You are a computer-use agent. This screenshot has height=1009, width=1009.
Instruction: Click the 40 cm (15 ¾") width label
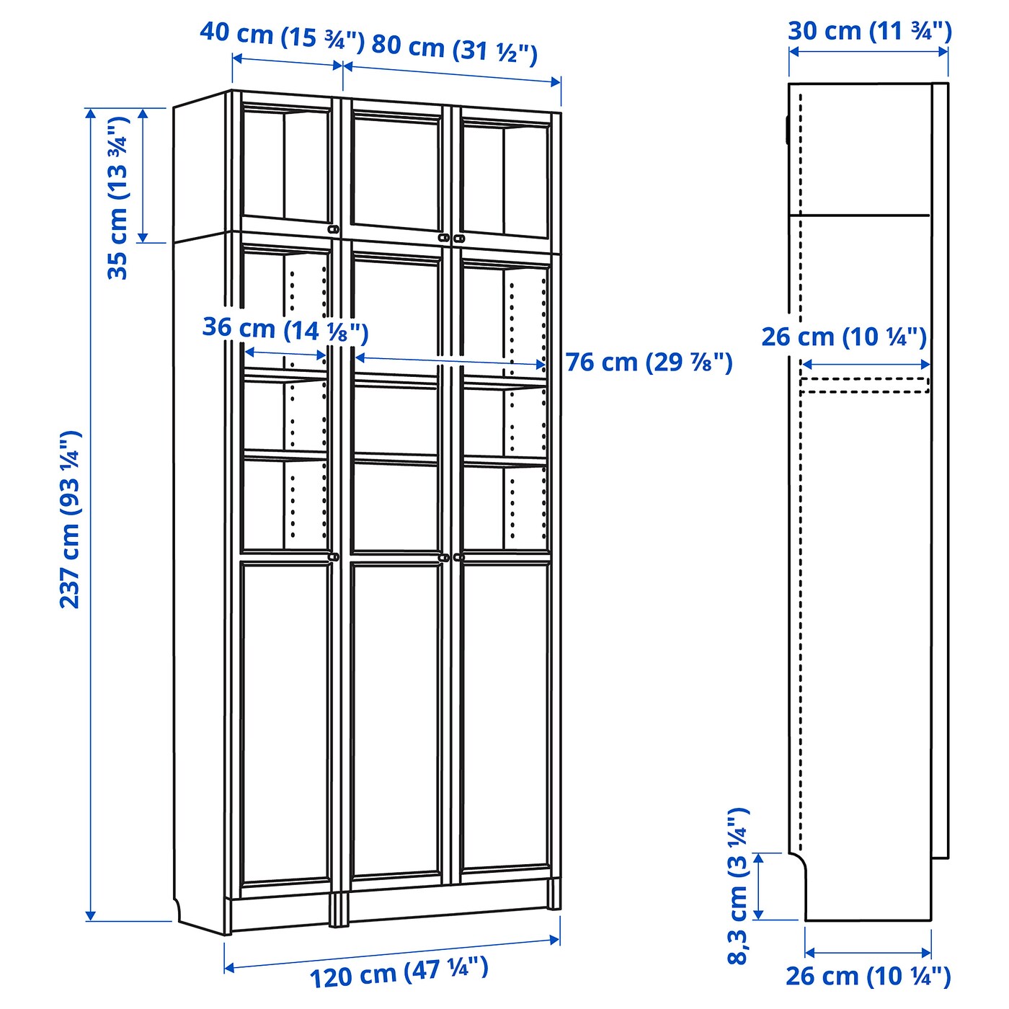click(x=282, y=36)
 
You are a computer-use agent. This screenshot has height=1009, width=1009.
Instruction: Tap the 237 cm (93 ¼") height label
click(x=71, y=519)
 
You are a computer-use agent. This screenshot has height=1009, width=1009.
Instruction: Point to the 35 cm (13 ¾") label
click(x=117, y=197)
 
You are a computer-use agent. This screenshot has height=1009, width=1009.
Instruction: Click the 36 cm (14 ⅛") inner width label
click(x=285, y=329)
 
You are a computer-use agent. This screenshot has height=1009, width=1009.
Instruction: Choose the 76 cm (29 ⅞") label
click(x=649, y=362)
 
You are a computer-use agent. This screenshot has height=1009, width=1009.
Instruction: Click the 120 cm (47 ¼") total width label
click(x=399, y=972)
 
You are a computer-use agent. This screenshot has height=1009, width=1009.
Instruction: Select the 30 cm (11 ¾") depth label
click(x=869, y=32)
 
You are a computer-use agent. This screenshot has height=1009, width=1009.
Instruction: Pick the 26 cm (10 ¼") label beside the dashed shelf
click(x=843, y=337)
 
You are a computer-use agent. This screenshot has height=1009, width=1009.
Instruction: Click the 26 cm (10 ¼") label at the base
click(x=868, y=977)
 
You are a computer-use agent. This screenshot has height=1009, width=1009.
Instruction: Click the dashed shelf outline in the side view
click(x=865, y=385)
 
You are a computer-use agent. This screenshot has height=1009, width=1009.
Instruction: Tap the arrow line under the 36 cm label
click(x=285, y=354)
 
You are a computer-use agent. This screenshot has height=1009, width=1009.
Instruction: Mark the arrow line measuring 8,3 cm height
click(x=758, y=886)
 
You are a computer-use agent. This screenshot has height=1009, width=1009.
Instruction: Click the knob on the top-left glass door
click(x=333, y=229)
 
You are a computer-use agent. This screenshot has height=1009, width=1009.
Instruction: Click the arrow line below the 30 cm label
click(x=868, y=51)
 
